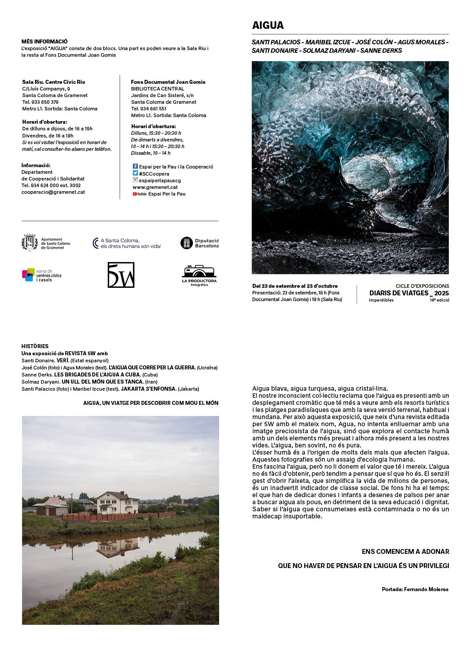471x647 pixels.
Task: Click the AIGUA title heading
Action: [268, 25]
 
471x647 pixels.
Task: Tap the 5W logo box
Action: [121, 275]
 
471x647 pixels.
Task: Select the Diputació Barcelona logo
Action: [187, 243]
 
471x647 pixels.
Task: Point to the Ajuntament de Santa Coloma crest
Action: [30, 243]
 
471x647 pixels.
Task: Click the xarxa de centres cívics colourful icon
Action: [28, 275]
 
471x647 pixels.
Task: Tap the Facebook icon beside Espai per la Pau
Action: [135, 166]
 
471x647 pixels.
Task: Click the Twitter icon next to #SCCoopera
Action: [135, 173]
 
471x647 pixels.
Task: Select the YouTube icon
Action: [139, 194]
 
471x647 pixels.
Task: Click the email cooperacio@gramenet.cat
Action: [53, 192]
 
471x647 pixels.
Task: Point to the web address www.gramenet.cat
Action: [155, 187]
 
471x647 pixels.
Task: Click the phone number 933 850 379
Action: [40, 102]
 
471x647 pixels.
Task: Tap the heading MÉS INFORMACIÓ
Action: [44, 41]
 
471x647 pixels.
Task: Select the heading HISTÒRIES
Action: [35, 346]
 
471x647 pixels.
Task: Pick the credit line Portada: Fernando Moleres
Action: [415, 589]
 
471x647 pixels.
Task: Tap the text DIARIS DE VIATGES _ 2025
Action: [409, 293]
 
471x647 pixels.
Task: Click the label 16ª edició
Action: [439, 300]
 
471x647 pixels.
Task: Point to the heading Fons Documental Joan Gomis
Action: [168, 82]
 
